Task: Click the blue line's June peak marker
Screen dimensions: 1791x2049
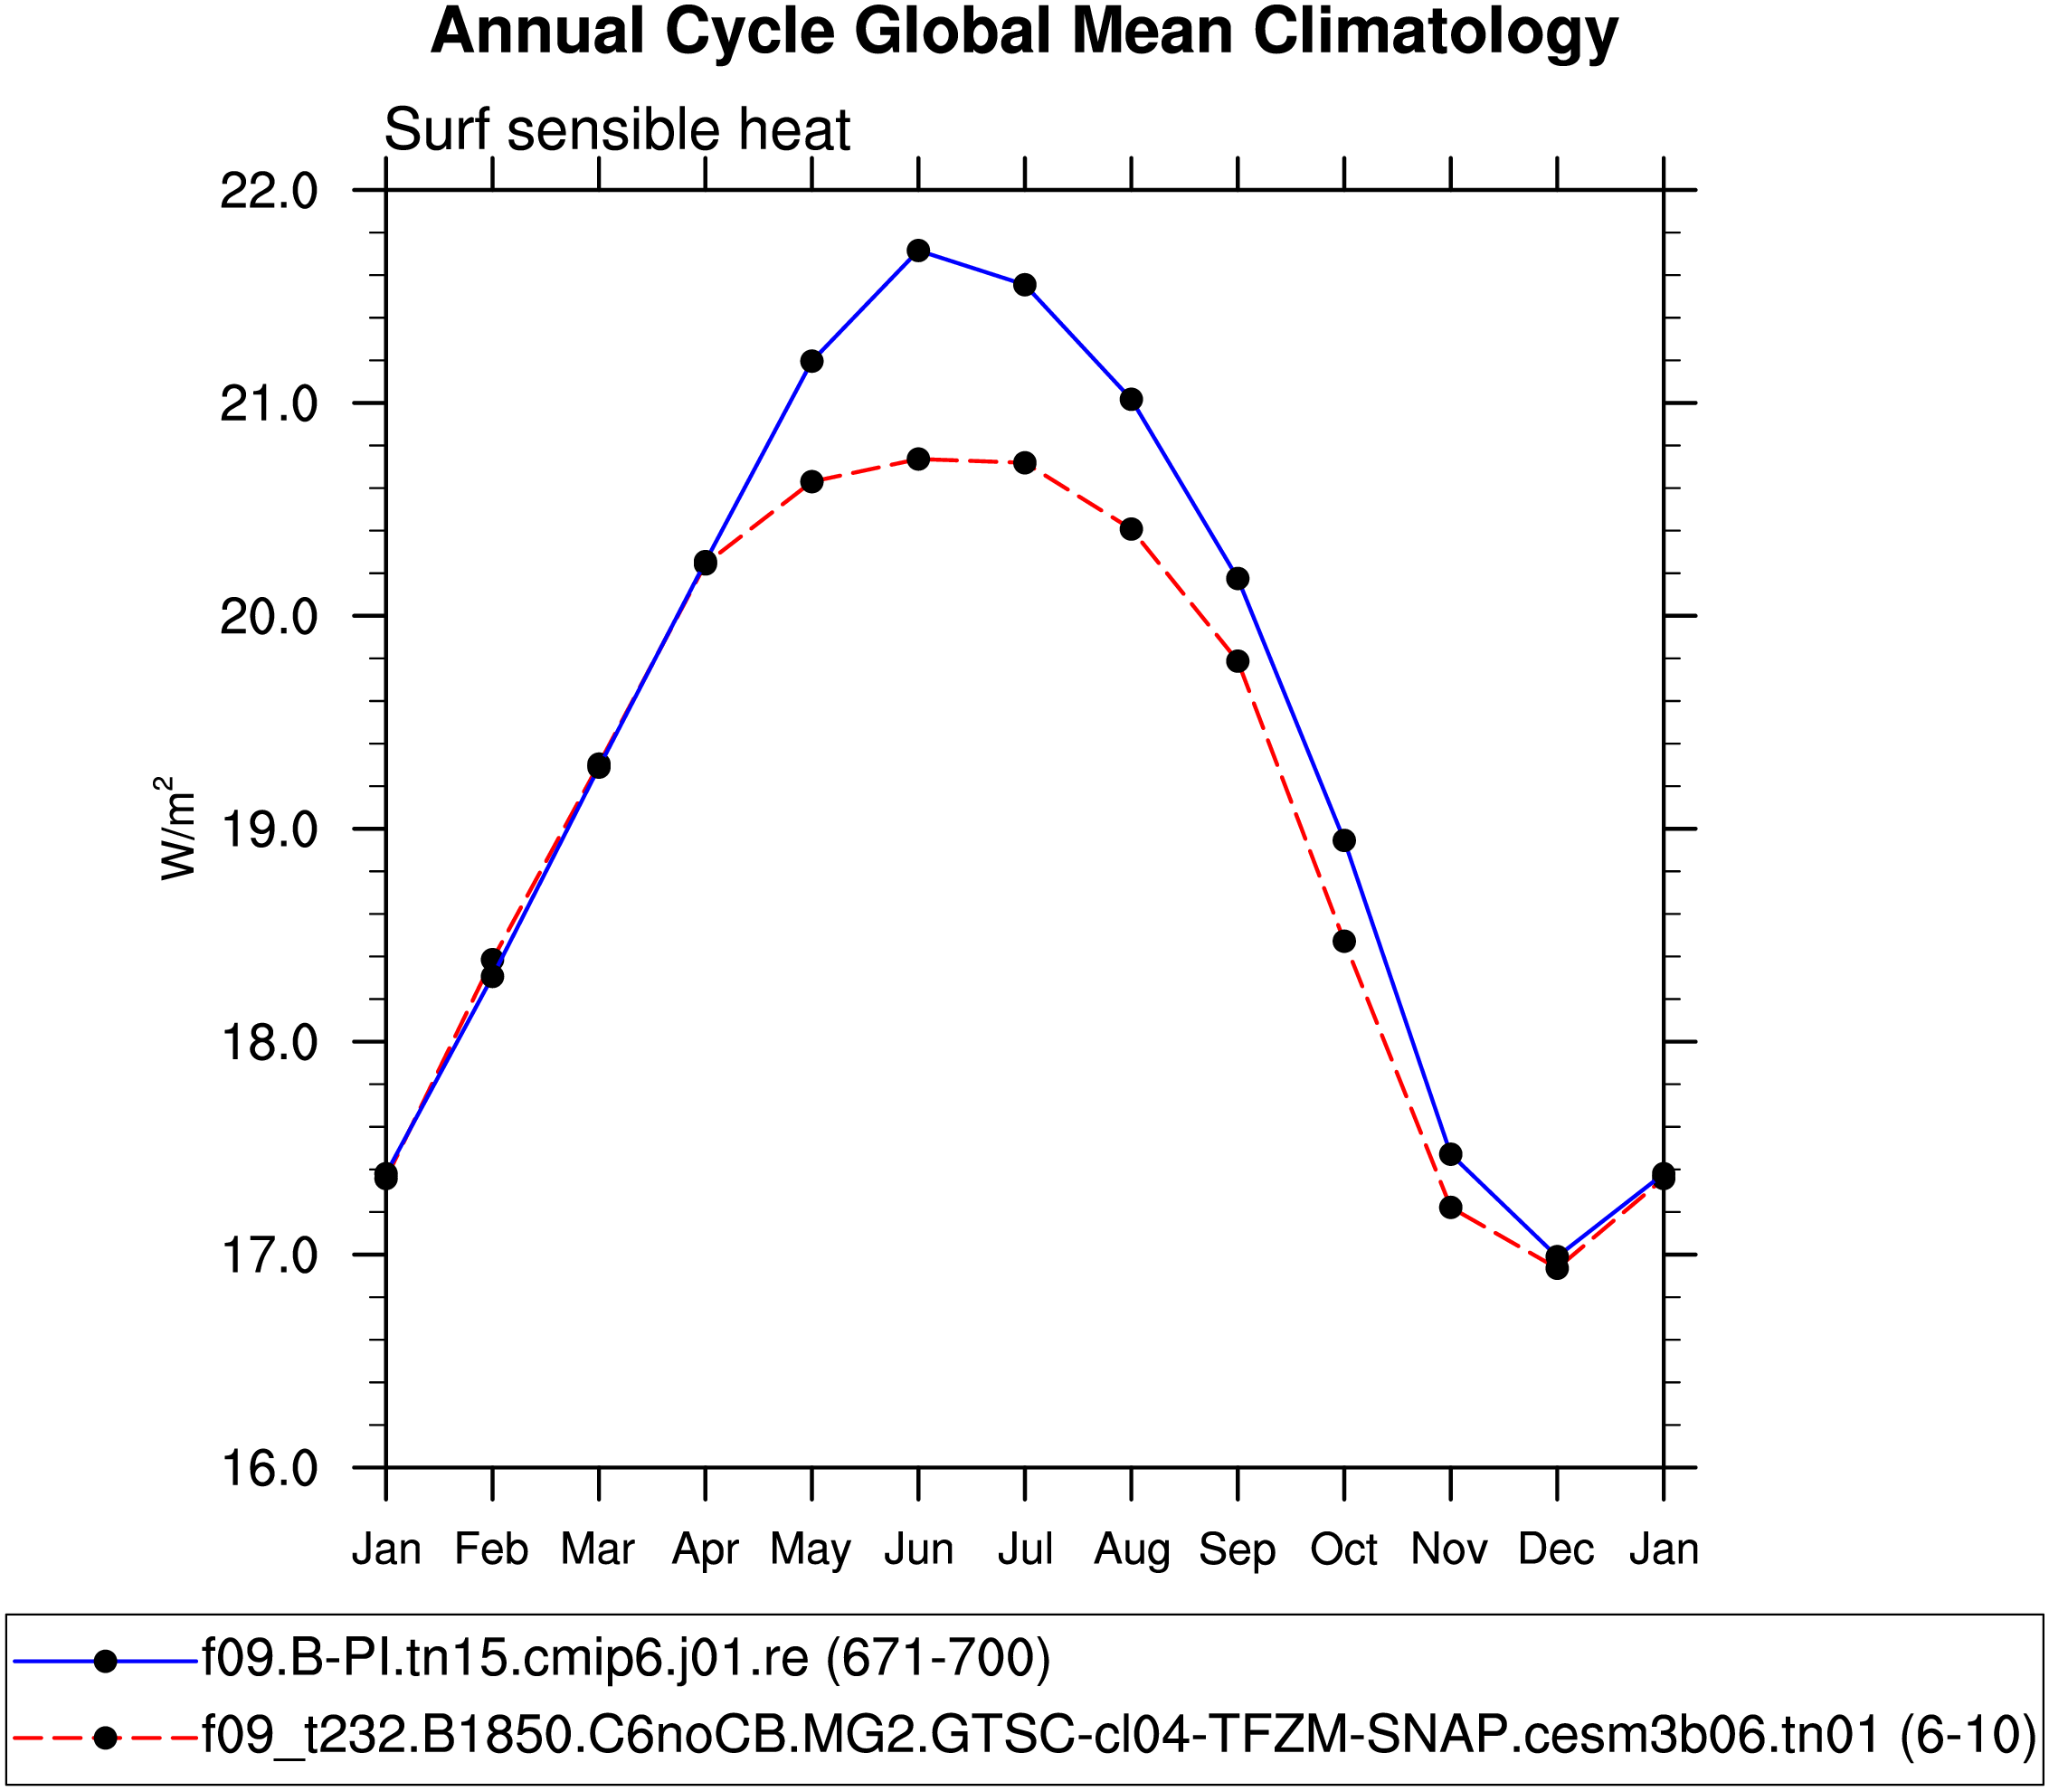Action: click(918, 250)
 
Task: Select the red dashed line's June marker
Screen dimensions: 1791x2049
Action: click(918, 459)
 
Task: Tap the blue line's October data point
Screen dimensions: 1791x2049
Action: click(1344, 840)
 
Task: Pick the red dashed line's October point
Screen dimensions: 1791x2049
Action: click(1344, 941)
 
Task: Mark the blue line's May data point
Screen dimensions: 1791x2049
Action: click(811, 361)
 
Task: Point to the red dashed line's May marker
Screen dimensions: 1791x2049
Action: click(811, 482)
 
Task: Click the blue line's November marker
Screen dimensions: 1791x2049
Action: click(1451, 1154)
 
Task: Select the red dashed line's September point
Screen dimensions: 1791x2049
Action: click(1238, 660)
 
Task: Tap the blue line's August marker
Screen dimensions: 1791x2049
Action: click(1132, 400)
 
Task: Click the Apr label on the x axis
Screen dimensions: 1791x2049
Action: click(705, 1550)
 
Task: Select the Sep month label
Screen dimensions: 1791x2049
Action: click(1238, 1550)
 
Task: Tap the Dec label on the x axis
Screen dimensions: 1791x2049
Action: click(1556, 1550)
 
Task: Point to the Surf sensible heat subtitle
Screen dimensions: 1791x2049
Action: click(617, 130)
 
